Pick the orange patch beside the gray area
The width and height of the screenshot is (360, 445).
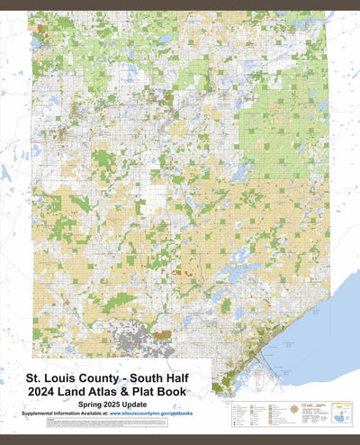click(163, 334)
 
